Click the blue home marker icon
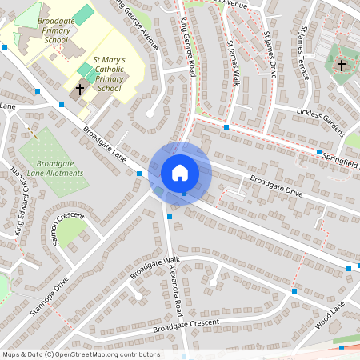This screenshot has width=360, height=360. coord(180,172)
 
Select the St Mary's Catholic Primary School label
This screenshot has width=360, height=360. coord(109,74)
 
